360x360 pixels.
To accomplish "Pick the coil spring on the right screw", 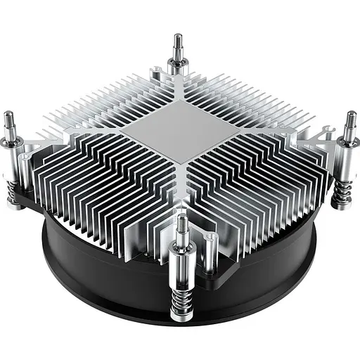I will pyautogui.click(x=342, y=191).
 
